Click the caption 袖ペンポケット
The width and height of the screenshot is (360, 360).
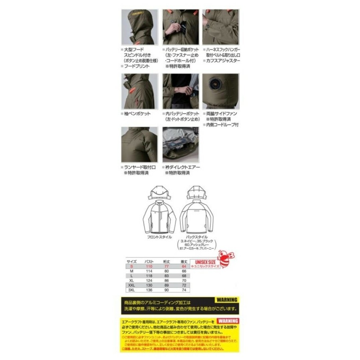137,114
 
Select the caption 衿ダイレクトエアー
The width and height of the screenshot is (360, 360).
183,167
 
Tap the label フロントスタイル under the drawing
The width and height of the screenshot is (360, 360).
159,237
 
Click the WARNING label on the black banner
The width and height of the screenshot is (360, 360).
227,300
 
